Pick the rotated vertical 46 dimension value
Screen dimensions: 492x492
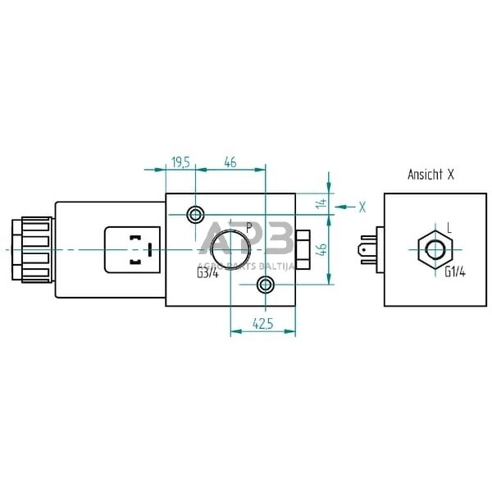click(x=321, y=249)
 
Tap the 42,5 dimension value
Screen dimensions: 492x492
click(x=262, y=325)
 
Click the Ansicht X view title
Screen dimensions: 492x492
click(x=430, y=175)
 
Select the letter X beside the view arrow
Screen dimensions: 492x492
click(x=362, y=207)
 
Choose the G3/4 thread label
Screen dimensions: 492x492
click(x=208, y=273)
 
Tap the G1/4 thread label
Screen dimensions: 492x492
click(x=455, y=273)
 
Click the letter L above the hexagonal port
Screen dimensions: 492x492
click(x=449, y=227)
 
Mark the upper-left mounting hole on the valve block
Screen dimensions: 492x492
click(x=195, y=215)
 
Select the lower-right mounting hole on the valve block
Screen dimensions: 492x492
click(x=264, y=285)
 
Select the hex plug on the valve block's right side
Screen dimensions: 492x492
click(x=302, y=249)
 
